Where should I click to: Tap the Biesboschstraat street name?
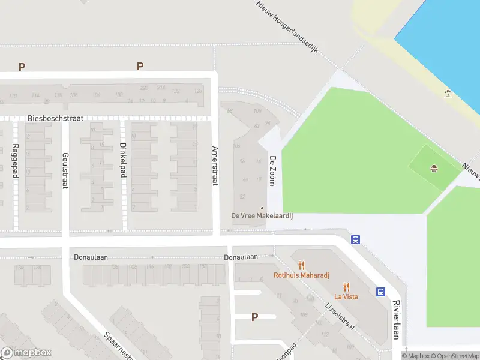tap(55, 119)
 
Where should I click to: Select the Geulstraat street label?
tap(65, 170)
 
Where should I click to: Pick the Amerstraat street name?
tap(214, 165)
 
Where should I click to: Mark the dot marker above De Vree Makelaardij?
tap(262, 208)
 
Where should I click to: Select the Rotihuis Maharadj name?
tap(301, 276)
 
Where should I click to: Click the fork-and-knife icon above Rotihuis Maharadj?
tap(301, 265)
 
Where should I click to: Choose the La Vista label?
tap(346, 297)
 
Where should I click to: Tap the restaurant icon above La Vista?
tap(346, 286)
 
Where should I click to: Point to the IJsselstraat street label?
tap(340, 316)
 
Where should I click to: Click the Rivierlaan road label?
tap(396, 320)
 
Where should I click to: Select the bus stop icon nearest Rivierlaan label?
tap(380, 292)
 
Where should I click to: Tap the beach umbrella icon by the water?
tap(448, 93)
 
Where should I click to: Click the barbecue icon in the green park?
tap(433, 168)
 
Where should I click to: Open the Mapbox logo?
tap(26, 353)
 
